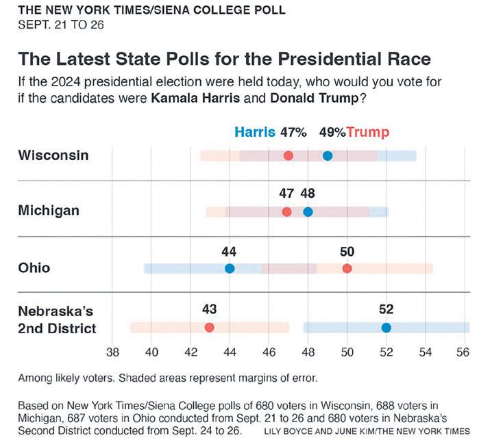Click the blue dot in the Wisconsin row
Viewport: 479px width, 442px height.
point(328,156)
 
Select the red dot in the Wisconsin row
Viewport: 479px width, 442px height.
point(288,156)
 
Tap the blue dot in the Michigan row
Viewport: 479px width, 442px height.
point(308,211)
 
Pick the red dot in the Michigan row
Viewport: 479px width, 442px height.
point(286,211)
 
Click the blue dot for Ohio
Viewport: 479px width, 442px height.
point(230,268)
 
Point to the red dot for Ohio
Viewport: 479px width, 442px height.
point(347,268)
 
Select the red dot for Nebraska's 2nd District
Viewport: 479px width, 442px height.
point(209,327)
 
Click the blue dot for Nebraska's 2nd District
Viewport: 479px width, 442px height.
point(386,327)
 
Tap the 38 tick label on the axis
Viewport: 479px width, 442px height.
point(113,353)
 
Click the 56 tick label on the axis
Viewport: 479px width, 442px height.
point(463,353)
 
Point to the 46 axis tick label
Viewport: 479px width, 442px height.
point(269,353)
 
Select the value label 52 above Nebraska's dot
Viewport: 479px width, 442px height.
point(386,309)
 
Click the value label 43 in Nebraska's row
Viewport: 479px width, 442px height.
point(209,309)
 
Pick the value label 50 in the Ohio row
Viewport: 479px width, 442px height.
point(347,251)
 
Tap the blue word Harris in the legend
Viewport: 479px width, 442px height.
point(255,132)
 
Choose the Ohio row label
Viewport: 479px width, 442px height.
point(34,268)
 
